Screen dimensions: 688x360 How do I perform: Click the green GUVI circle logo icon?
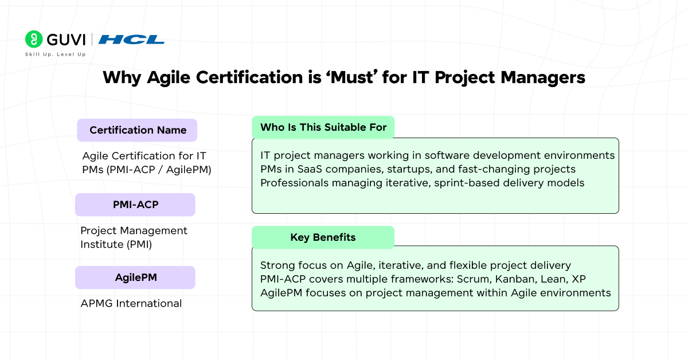coord(34,40)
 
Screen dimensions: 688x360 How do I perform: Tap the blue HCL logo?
coord(131,40)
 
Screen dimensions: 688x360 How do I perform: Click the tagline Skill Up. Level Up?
coord(55,54)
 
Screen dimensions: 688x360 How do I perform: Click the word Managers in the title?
coord(543,78)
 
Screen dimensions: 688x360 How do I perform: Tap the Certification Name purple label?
coord(137,130)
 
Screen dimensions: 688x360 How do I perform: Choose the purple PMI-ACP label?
coord(135,205)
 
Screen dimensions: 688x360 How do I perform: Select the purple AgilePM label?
coord(135,277)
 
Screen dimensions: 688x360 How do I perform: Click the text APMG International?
coord(131,303)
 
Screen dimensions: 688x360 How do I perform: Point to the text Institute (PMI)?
coord(116,245)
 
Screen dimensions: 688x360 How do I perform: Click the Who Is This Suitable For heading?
coord(323,127)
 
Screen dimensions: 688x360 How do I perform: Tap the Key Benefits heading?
coord(323,237)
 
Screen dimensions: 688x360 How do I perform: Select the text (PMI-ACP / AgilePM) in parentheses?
coord(159,170)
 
